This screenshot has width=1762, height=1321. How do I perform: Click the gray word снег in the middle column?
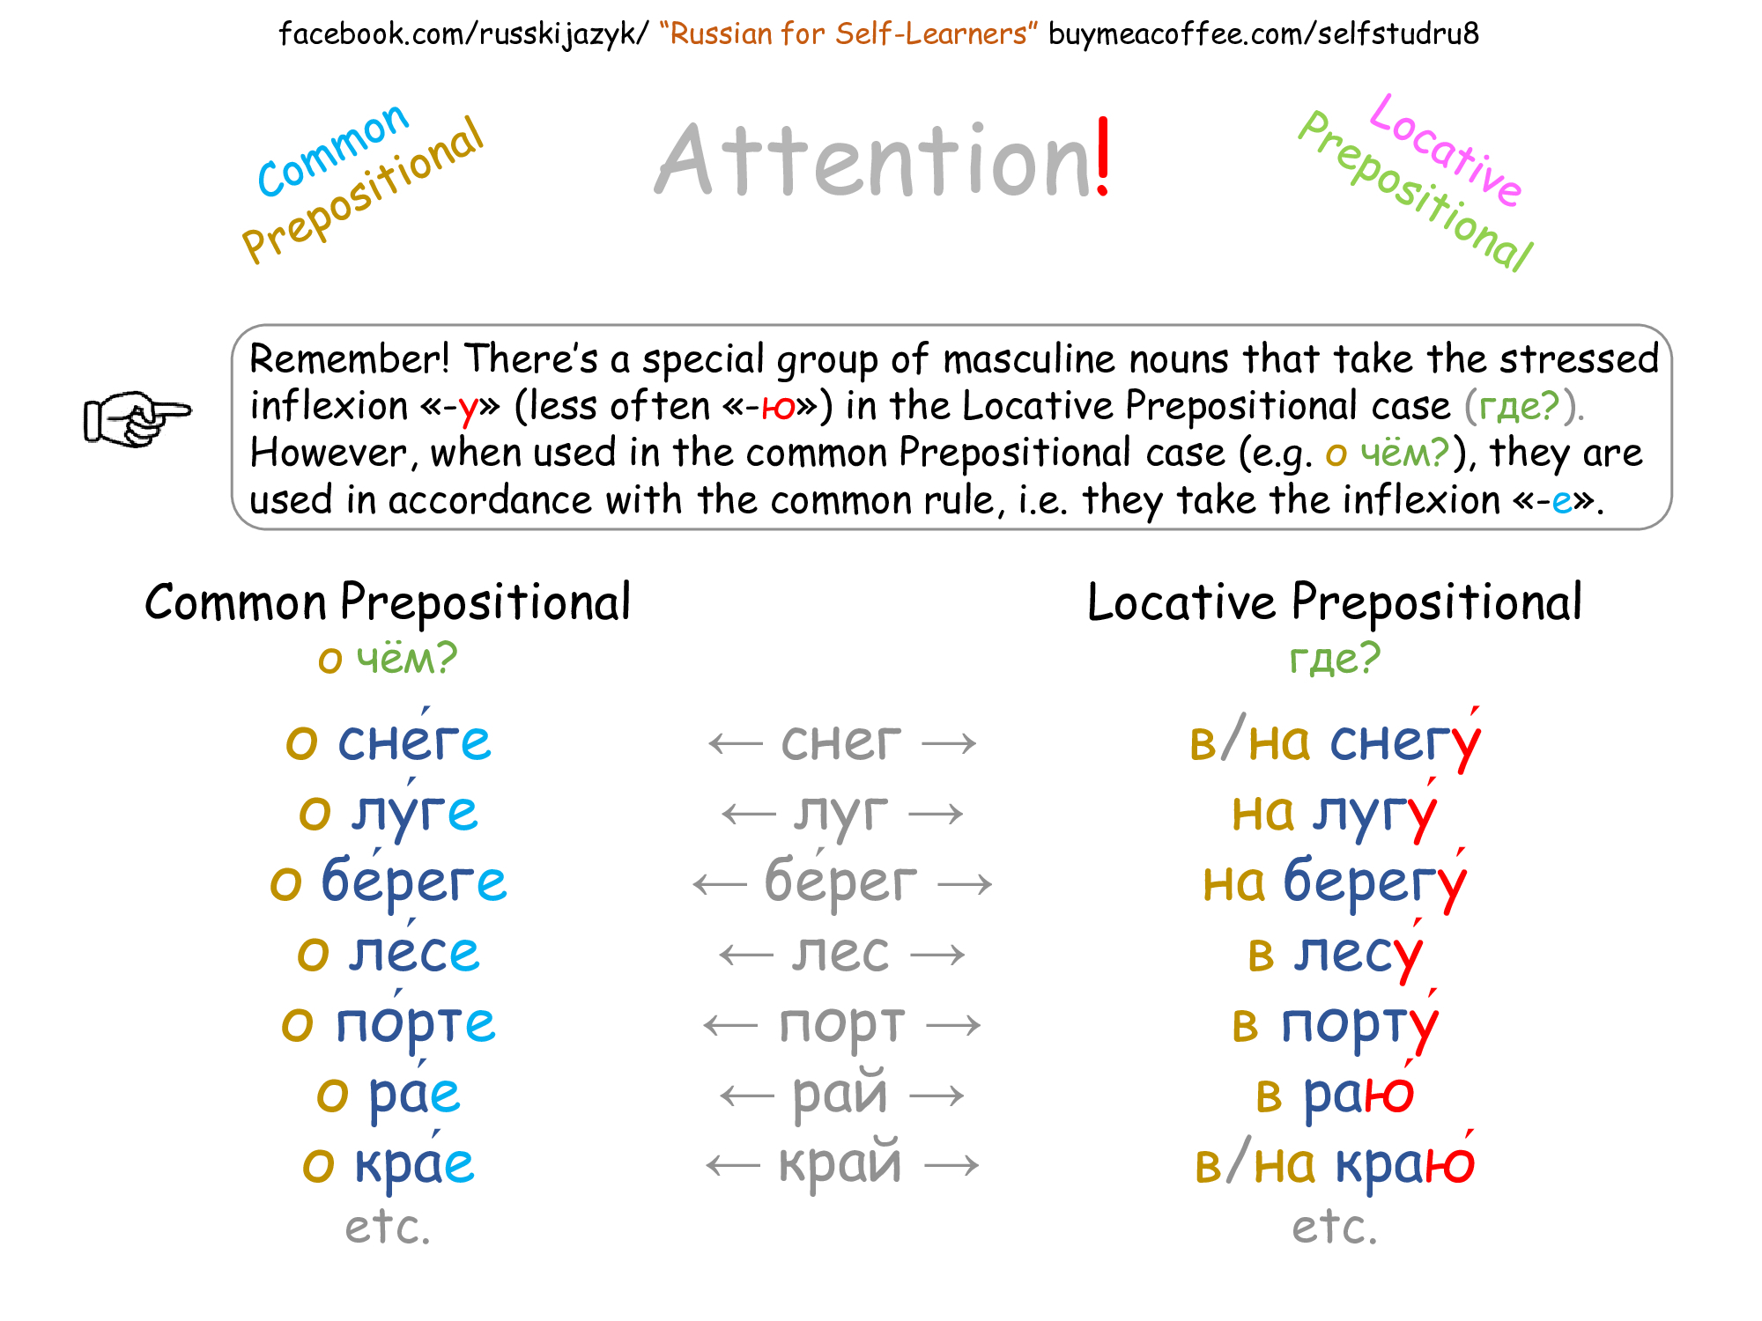(x=840, y=742)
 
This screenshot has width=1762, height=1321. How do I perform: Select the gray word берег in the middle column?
(x=840, y=882)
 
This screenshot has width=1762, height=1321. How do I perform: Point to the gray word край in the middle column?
(x=840, y=1164)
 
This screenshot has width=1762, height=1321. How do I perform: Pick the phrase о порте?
(x=388, y=1023)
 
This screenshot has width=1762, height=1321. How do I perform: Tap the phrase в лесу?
(x=1335, y=953)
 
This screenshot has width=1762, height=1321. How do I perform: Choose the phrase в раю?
(x=1335, y=1094)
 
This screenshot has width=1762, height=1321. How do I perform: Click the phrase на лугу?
(x=1335, y=812)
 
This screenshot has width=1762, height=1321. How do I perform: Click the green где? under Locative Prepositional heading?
(x=1335, y=659)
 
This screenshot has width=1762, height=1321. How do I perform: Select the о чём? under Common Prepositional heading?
(x=388, y=659)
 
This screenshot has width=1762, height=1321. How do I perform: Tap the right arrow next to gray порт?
(x=953, y=1025)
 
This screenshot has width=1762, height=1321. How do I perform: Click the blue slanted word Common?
(x=333, y=150)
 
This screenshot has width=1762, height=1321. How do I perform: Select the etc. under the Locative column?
(x=1335, y=1227)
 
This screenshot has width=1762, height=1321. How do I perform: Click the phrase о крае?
(x=388, y=1164)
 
